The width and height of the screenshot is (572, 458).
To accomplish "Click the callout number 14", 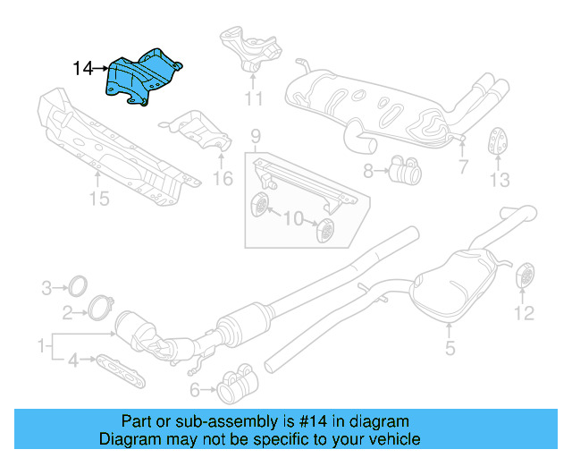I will click(82, 67).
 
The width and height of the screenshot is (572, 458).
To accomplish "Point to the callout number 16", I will click(222, 180).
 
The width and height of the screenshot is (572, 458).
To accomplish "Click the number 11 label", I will click(255, 98).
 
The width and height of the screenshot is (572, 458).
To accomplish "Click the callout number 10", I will click(293, 217).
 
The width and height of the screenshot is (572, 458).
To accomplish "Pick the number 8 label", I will click(368, 169).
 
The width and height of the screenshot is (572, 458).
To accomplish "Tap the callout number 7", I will click(462, 166).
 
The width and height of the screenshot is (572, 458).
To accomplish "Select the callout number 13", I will click(499, 180).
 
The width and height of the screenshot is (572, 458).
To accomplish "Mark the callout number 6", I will click(195, 389).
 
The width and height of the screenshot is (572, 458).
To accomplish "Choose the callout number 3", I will click(46, 287).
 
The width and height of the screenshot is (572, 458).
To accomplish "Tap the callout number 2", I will click(68, 312).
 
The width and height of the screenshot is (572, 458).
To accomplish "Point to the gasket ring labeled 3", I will click(79, 287).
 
